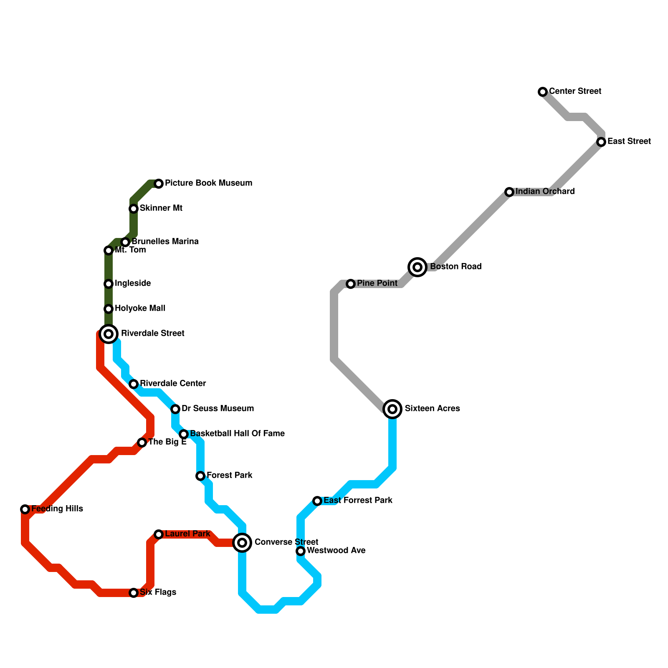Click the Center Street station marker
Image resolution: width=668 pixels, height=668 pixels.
coord(543,92)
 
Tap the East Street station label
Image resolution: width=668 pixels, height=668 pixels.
coord(629,142)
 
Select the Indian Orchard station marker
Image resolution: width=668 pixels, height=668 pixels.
coord(509,192)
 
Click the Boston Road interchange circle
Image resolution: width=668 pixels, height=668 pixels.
coord(417,267)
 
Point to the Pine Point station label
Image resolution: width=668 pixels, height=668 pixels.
coord(377,283)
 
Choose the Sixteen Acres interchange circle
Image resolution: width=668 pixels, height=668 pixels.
coord(392,409)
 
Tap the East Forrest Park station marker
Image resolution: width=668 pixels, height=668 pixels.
coord(317,501)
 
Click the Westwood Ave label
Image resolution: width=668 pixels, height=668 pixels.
coord(336,551)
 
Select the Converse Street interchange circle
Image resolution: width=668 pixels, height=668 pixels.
coord(242,543)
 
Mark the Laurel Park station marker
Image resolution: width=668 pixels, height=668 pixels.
coord(159,534)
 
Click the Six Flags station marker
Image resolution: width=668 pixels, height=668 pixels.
coord(134,593)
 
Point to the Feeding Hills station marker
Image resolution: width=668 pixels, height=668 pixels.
coord(25,509)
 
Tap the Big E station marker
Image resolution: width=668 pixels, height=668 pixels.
coord(142,443)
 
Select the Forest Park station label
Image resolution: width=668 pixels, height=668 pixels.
coord(229,476)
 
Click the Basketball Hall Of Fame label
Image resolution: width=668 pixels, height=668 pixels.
coord(237,434)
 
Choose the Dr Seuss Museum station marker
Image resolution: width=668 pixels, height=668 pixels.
coord(175,409)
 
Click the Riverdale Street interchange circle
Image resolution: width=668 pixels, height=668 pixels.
coord(109,334)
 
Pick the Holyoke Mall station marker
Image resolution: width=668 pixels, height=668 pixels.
coord(109,309)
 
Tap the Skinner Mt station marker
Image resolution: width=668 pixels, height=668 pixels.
coord(134,209)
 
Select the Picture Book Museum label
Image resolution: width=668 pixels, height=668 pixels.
coord(208,183)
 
